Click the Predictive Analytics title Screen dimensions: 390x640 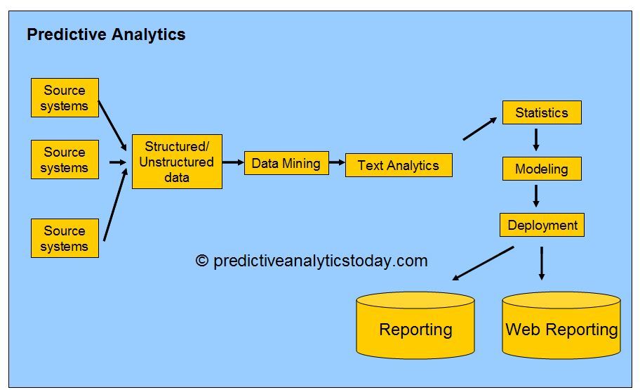coord(106,34)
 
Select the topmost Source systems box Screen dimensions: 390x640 coord(65,98)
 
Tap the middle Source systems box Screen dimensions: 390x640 coord(65,160)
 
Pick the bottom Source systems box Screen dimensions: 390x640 coord(65,238)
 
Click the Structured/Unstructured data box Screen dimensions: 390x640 coord(177,162)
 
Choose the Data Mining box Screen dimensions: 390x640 coord(286,163)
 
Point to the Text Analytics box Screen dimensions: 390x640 coord(398,165)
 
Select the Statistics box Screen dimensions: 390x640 coord(541,112)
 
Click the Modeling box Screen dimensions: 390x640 coord(541,169)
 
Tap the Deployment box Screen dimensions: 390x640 coord(542,225)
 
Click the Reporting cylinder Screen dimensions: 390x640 coord(415,327)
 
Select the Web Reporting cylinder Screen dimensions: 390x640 coord(561,327)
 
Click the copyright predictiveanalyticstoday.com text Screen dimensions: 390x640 coord(312,261)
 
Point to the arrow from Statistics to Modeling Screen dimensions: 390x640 coord(536,139)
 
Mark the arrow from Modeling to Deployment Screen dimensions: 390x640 coord(536,195)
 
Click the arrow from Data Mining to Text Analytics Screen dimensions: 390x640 coord(337,162)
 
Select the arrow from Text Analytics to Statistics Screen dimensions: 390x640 coord(480,129)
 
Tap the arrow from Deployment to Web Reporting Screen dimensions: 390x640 coord(542,263)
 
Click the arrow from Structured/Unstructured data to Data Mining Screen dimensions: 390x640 coord(232,162)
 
